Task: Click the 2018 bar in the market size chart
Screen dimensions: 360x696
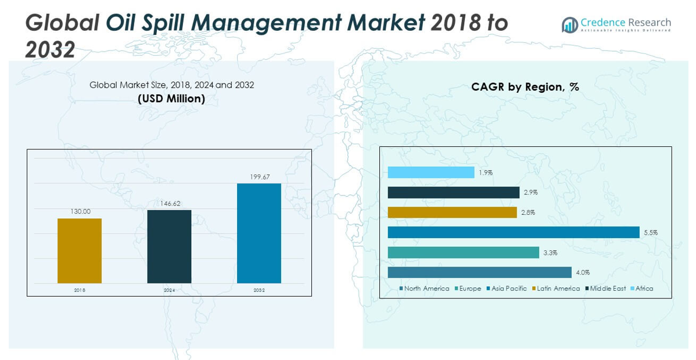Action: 80,251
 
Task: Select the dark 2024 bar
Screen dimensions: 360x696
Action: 169,246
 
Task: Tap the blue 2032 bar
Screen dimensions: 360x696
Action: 259,233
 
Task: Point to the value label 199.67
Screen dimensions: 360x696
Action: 259,177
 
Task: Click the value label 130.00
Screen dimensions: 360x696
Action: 80,212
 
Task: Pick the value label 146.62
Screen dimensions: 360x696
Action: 169,204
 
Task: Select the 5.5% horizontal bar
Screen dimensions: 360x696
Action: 513,232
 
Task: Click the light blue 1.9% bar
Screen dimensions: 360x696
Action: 430,172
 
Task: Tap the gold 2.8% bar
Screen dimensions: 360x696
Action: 452,213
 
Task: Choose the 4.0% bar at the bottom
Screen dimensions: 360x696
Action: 479,272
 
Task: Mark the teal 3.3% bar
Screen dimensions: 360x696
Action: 463,253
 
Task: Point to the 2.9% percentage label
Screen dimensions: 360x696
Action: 530,192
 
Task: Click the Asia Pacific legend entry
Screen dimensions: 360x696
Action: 508,289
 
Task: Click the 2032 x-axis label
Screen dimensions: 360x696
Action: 259,290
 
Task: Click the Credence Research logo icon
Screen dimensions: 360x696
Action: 569,25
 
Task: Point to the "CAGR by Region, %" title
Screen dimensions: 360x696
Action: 525,87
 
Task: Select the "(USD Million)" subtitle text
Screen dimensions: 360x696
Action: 171,99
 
